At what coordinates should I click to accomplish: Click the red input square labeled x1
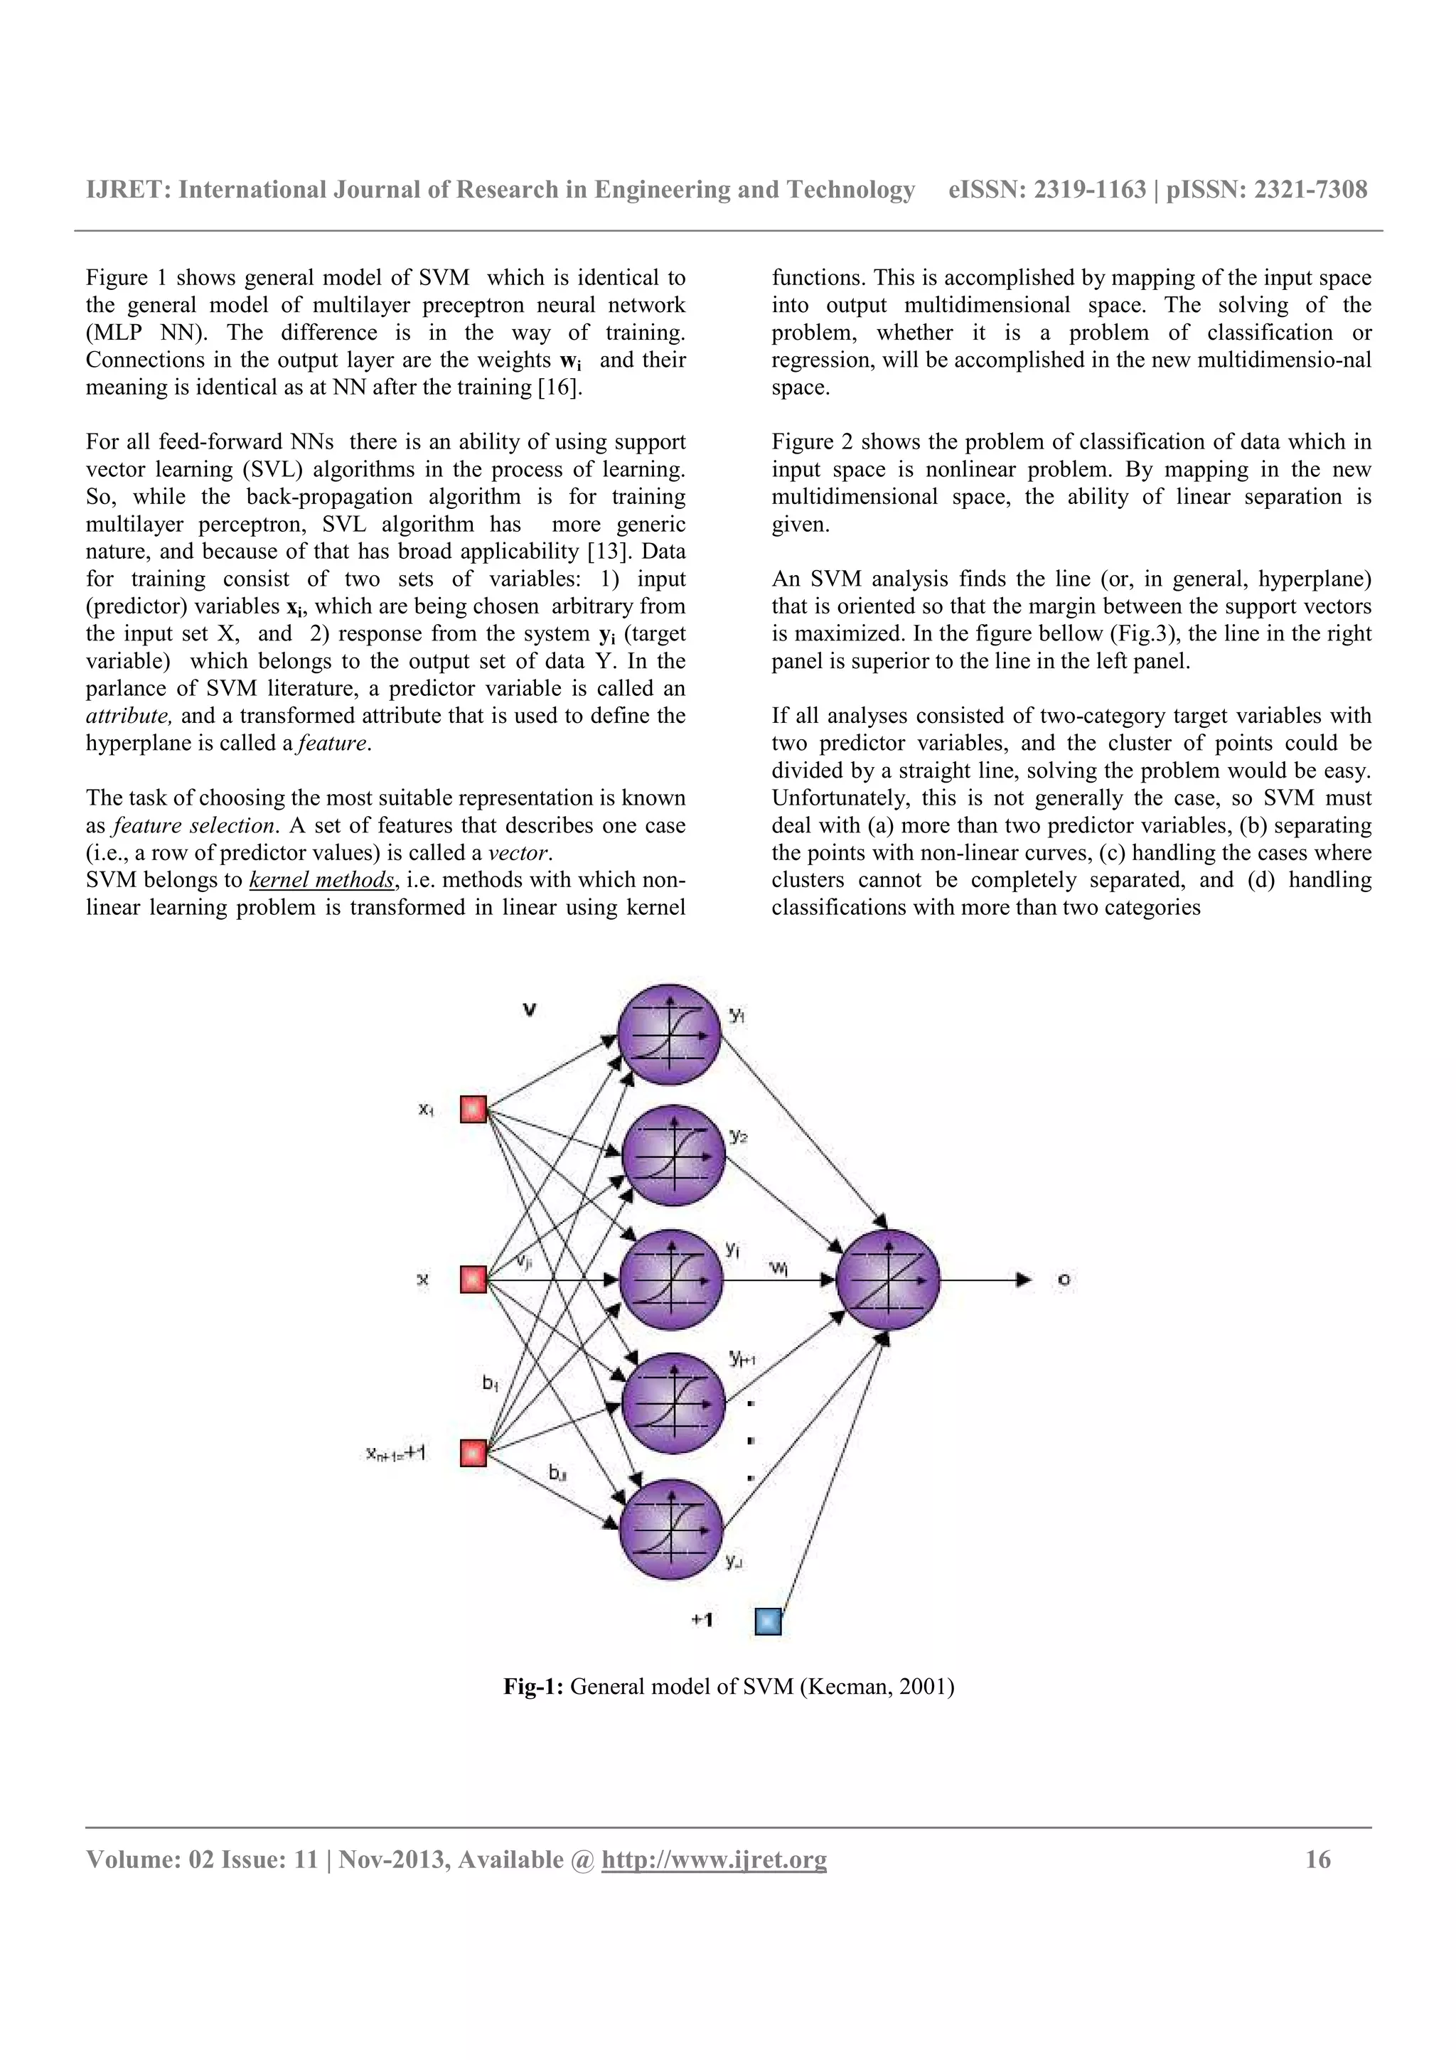click(x=473, y=1110)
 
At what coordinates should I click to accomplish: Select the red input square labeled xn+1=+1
click(x=473, y=1452)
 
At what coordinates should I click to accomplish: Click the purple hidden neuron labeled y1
click(x=669, y=1034)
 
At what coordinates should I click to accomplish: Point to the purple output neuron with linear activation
click(x=887, y=1280)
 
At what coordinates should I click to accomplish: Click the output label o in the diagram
click(x=1064, y=1280)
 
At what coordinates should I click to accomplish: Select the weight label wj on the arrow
click(x=778, y=1267)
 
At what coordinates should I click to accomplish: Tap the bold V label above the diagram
click(x=529, y=1010)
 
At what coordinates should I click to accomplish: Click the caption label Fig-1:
click(x=533, y=1687)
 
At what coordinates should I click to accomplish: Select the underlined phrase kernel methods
click(x=321, y=880)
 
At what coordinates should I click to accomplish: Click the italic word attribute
click(x=128, y=716)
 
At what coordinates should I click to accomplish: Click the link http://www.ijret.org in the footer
click(x=714, y=1860)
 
